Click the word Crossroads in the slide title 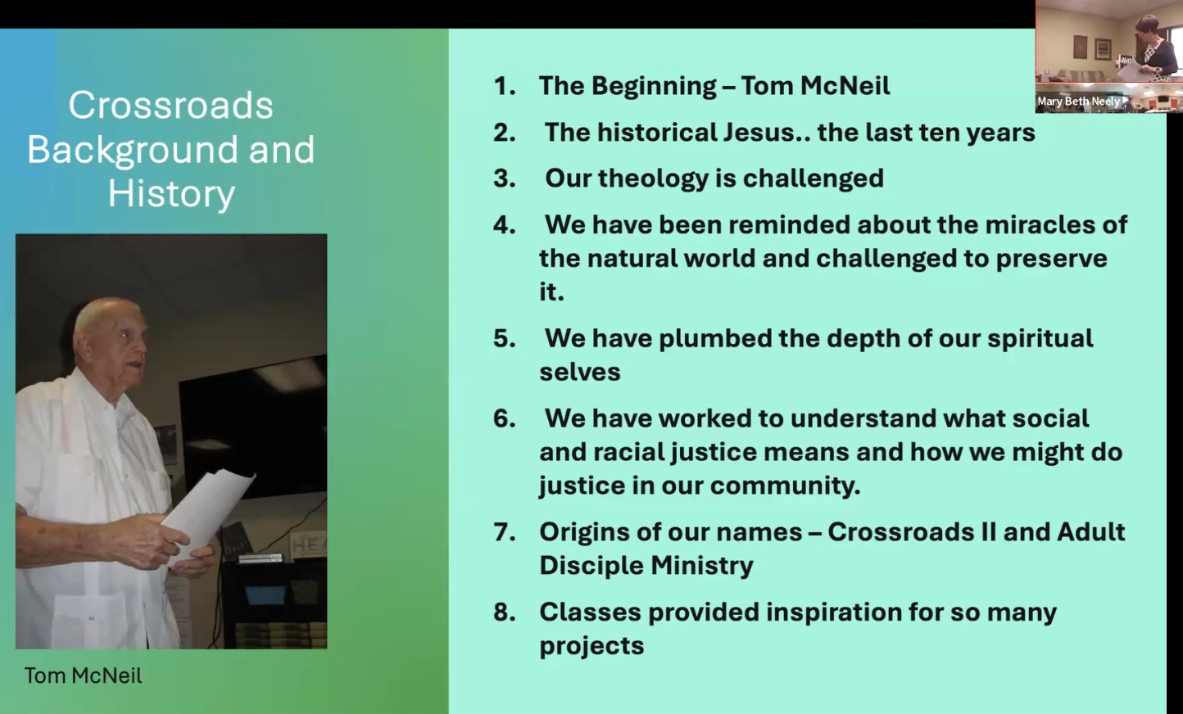click(x=170, y=105)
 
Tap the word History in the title click(x=172, y=194)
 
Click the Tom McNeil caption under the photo click(x=83, y=676)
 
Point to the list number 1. click(x=505, y=86)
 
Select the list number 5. click(x=505, y=338)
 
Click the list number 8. click(x=505, y=612)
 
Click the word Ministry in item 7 click(x=701, y=565)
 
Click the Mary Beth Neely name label click(x=1078, y=101)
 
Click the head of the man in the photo click(x=111, y=337)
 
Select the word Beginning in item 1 click(x=653, y=87)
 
